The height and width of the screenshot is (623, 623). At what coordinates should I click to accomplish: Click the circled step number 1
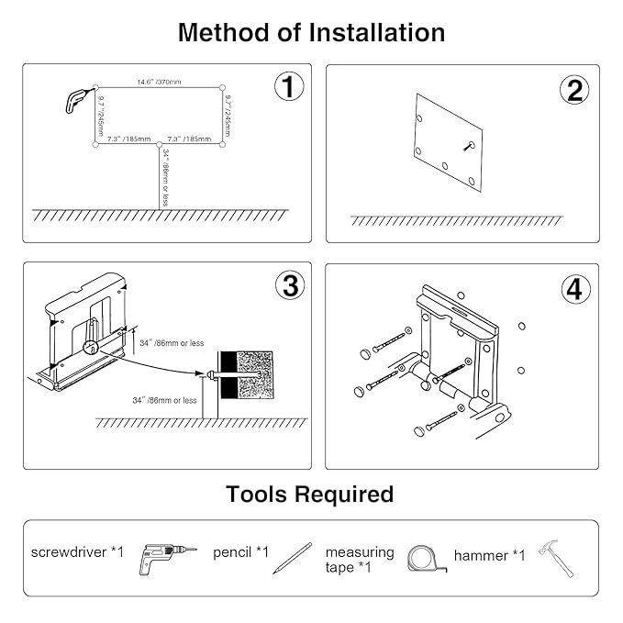[x=289, y=88]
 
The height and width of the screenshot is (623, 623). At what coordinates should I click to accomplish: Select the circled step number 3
[x=289, y=285]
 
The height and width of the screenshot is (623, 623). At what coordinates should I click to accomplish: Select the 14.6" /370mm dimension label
[x=161, y=83]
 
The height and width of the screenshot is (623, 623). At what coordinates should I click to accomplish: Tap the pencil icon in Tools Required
[x=292, y=558]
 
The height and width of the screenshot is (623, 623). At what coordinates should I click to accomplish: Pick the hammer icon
[x=556, y=558]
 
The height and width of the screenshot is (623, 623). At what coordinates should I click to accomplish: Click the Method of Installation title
[x=311, y=33]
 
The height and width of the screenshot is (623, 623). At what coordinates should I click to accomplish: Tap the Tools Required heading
[x=310, y=495]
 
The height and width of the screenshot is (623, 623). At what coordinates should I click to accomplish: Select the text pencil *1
[x=241, y=551]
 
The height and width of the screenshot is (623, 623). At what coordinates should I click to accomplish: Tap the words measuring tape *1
[x=360, y=559]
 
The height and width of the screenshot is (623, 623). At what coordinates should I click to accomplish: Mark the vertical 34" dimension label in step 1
[x=165, y=172]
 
